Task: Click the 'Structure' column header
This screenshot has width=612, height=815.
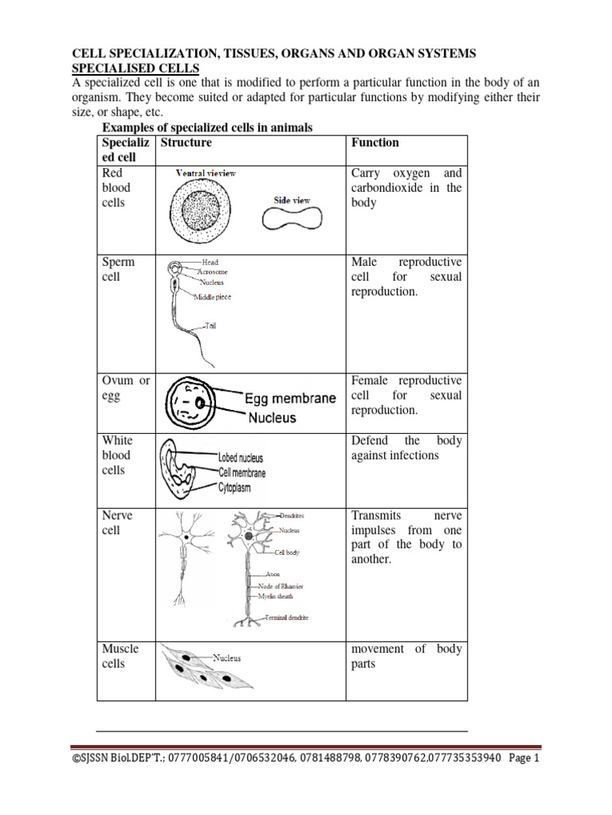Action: [x=186, y=142]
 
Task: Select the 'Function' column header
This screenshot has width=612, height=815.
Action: [x=375, y=142]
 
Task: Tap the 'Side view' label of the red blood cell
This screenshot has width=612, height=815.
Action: [x=292, y=201]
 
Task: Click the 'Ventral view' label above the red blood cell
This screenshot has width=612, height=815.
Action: [x=206, y=173]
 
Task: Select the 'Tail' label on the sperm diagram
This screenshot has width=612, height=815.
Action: [x=210, y=326]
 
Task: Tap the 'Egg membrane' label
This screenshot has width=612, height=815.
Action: [x=290, y=399]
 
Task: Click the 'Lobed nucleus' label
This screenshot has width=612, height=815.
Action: [x=240, y=458]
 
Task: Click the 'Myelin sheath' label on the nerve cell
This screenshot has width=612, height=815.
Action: [x=278, y=595]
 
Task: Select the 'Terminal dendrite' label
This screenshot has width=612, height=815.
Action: [x=281, y=618]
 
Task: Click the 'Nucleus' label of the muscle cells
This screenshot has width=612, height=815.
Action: [x=226, y=658]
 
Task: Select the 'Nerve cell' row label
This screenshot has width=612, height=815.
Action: [x=117, y=523]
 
